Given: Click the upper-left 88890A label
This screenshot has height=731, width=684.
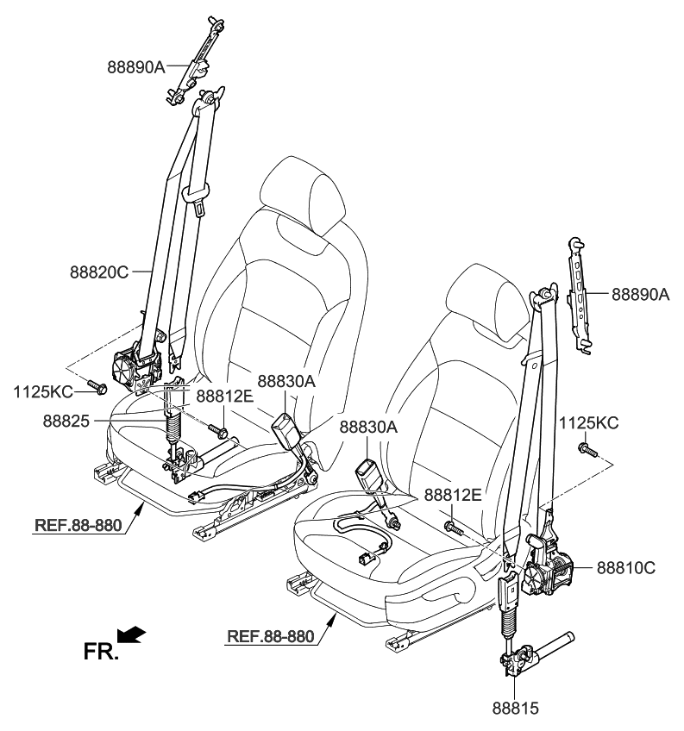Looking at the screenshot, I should click(136, 66).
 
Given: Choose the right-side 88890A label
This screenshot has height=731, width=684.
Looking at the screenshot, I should click(641, 294).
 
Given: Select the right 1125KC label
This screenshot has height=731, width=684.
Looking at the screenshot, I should click(589, 423).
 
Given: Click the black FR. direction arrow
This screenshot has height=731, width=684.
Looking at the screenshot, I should click(131, 636).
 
